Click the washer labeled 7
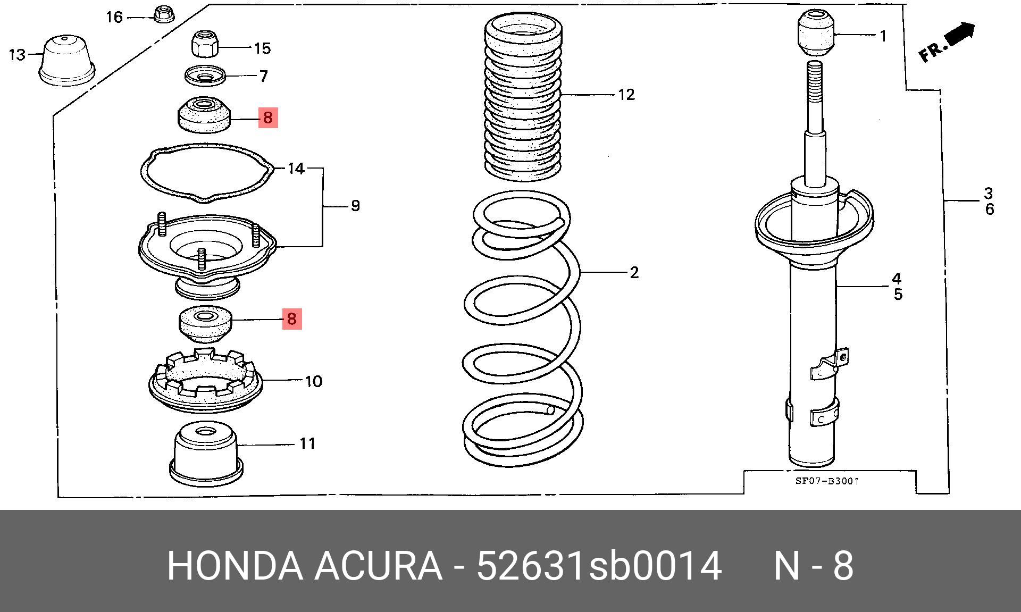coord(205,76)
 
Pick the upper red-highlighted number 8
coord(268,117)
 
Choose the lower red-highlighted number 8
coord(291,318)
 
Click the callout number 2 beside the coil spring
coord(634,272)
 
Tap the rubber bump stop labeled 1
coord(815,33)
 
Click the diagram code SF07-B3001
coord(827,481)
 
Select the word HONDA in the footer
coord(235,566)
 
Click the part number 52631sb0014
coord(599,566)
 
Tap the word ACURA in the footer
coord(378,566)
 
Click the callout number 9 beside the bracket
coord(356,205)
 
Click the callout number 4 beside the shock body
coord(897,278)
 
